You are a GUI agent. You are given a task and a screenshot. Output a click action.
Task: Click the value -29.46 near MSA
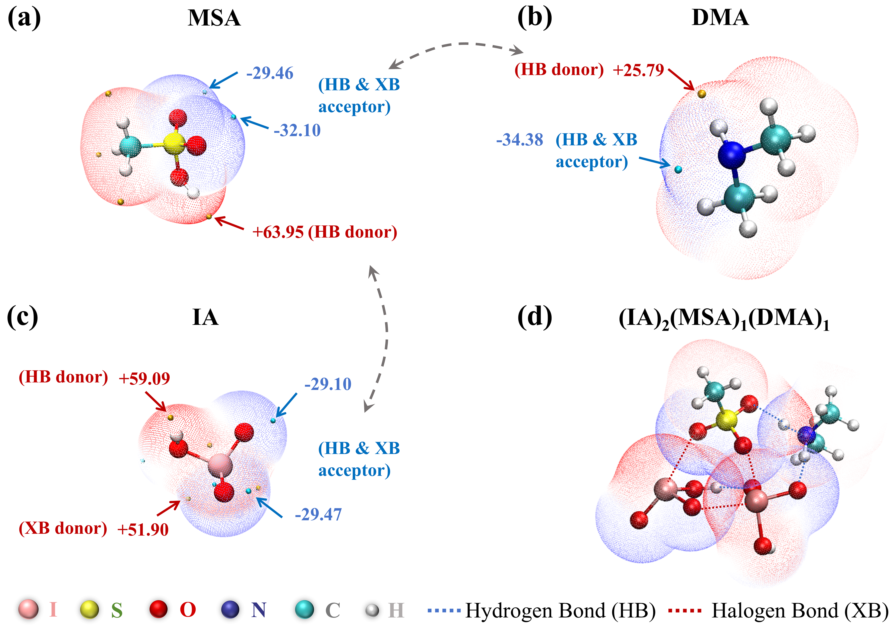click(x=270, y=73)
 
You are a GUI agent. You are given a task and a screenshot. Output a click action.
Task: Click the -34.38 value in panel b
click(x=519, y=140)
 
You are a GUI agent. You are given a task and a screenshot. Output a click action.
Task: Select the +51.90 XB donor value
click(x=143, y=529)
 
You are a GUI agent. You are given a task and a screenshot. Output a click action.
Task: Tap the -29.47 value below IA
click(x=318, y=515)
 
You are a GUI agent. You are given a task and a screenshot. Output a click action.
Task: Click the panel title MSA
click(x=214, y=18)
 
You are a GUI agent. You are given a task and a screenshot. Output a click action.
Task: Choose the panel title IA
click(x=205, y=318)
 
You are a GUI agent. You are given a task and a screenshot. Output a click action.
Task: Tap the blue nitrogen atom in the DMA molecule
click(x=731, y=154)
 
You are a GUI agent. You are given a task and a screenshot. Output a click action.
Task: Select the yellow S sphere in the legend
click(x=89, y=609)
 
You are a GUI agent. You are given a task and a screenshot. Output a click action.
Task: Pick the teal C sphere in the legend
click(x=304, y=609)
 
